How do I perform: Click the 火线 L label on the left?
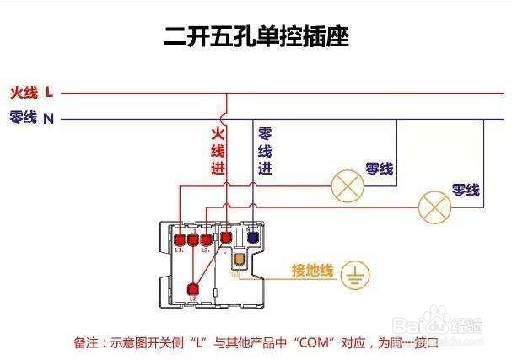pyautogui.click(x=31, y=91)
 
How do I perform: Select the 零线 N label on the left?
pyautogui.click(x=31, y=118)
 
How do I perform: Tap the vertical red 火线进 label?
pyautogui.click(x=218, y=151)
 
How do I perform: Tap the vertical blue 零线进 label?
pyautogui.click(x=264, y=151)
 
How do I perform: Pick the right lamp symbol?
pyautogui.click(x=435, y=205)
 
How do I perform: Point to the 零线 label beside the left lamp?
pyautogui.click(x=380, y=169)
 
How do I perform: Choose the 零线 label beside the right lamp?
pyautogui.click(x=465, y=191)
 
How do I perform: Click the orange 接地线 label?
pyautogui.click(x=313, y=271)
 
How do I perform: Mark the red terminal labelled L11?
pyautogui.click(x=179, y=240)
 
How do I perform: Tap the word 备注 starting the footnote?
pyautogui.click(x=86, y=343)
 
